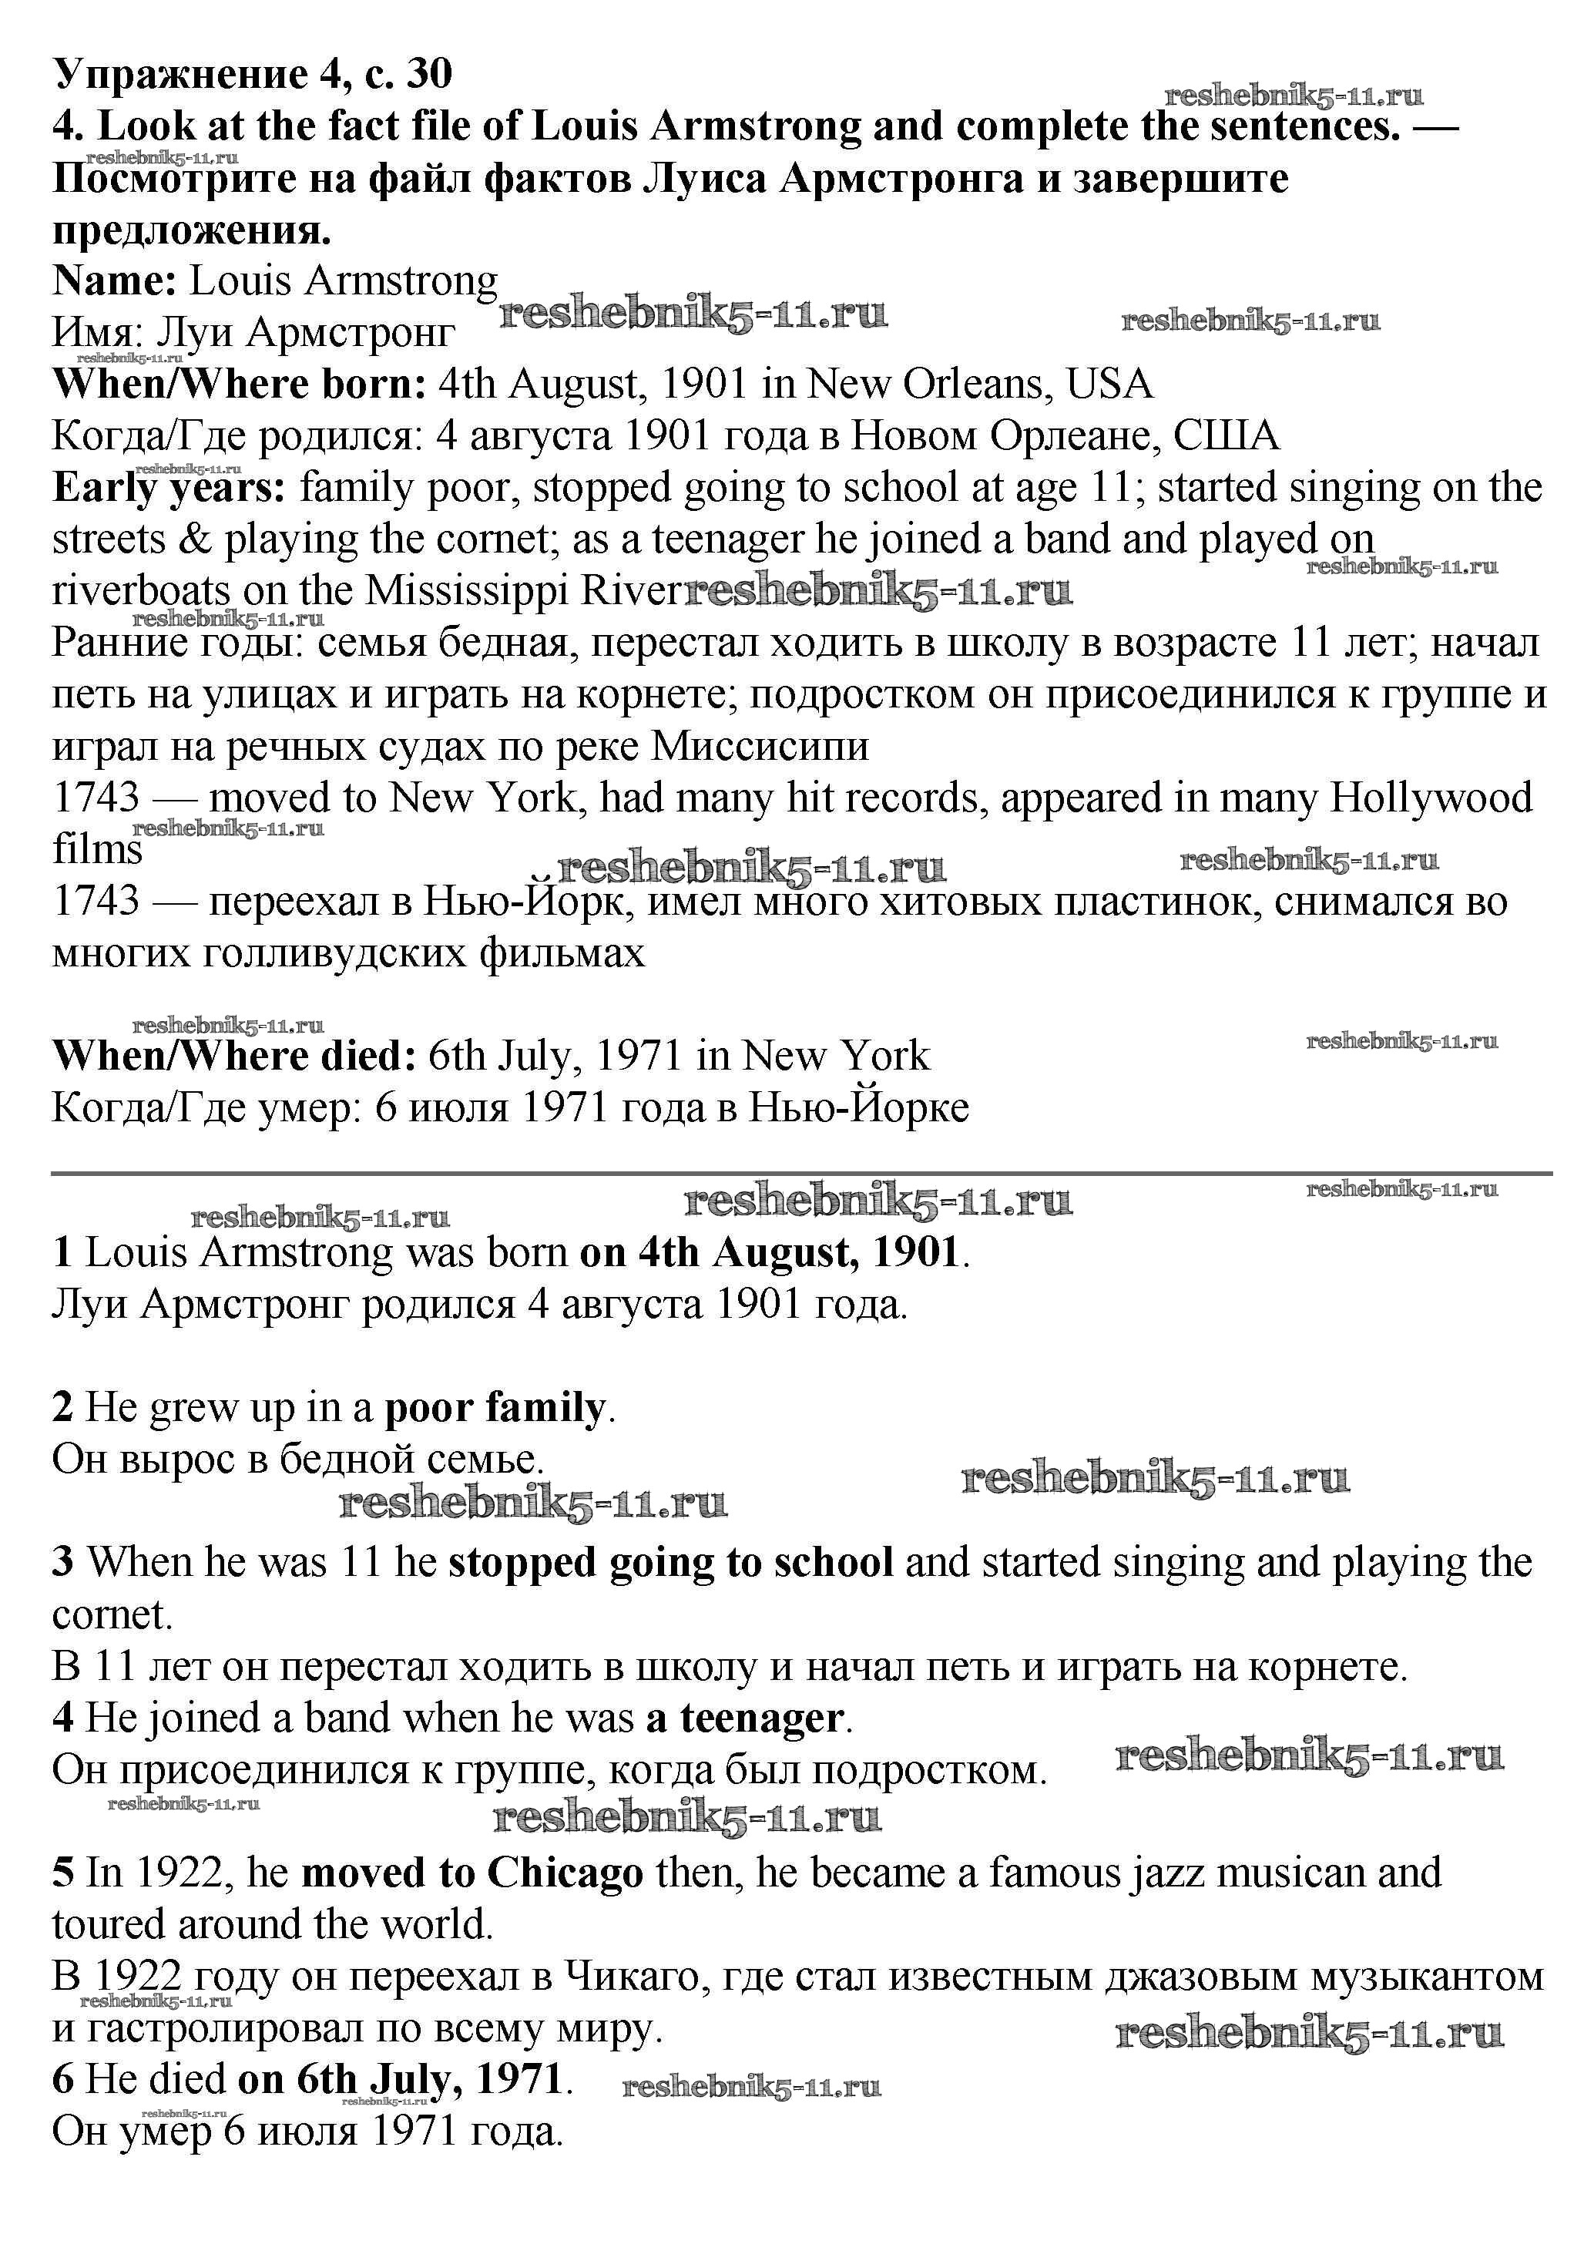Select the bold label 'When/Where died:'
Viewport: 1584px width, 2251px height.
(x=234, y=1056)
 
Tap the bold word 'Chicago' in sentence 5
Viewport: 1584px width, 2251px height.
(x=565, y=1873)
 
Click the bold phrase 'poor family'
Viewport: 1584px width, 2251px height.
(x=495, y=1408)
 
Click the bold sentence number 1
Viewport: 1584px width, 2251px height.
(x=62, y=1253)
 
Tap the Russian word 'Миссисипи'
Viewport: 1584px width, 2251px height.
(x=760, y=747)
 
